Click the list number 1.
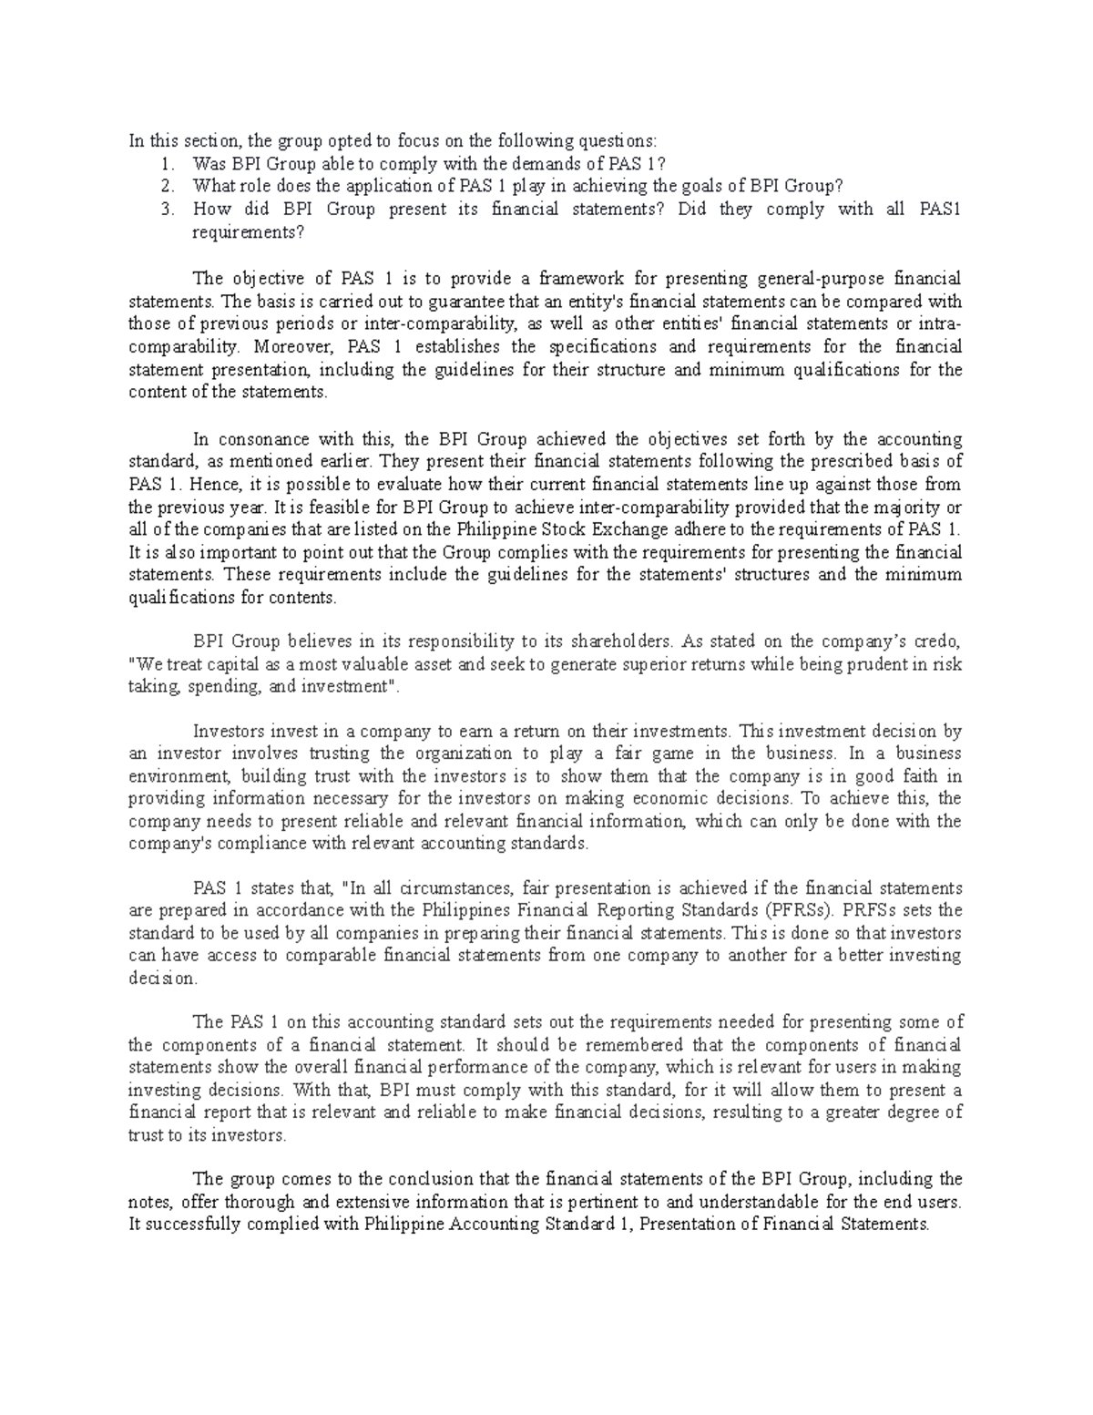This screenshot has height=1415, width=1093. click(166, 164)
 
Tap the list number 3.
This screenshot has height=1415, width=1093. click(166, 210)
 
